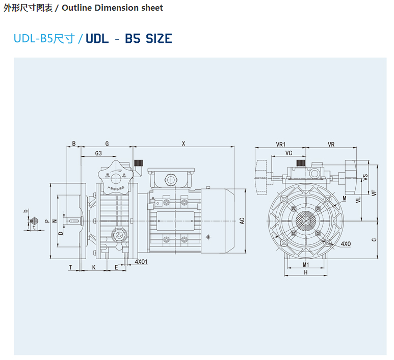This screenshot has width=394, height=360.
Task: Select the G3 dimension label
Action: (99, 153)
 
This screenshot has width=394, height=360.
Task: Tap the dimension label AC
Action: (243, 220)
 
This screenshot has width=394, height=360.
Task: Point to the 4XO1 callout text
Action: (141, 262)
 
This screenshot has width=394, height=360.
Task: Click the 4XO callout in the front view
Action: (346, 244)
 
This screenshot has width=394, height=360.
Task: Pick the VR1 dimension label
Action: (280, 145)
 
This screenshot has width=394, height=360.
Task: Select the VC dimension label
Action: (288, 153)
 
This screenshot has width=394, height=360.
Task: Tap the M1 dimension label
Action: (306, 264)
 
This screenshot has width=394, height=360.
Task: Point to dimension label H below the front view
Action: (306, 273)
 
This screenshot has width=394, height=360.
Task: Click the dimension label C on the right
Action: (374, 239)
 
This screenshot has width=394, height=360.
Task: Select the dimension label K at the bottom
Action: (94, 267)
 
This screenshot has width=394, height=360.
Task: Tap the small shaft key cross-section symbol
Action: (35, 221)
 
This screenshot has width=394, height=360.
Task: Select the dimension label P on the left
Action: (46, 220)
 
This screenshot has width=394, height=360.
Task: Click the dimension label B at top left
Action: (74, 144)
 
